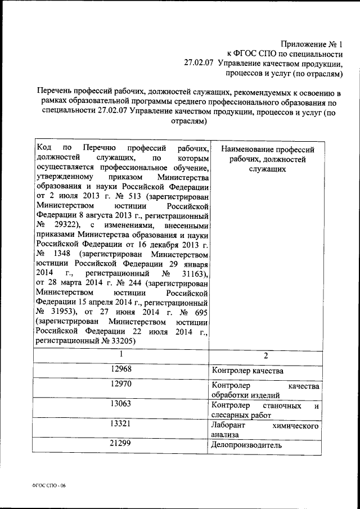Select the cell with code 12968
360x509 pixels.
pyautogui.click(x=121, y=370)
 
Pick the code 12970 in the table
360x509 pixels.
pyautogui.click(x=121, y=385)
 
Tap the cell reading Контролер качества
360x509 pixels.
pyautogui.click(x=247, y=371)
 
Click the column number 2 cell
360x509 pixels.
pyautogui.click(x=266, y=355)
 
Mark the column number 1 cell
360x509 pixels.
pyautogui.click(x=121, y=354)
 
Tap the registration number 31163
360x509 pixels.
pyautogui.click(x=189, y=273)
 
